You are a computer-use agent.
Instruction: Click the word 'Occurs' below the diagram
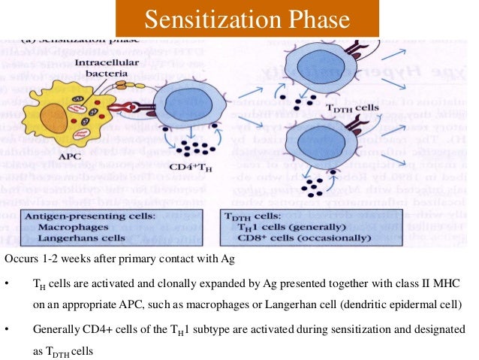click(x=20, y=259)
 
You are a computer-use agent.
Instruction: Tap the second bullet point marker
click(x=7, y=330)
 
